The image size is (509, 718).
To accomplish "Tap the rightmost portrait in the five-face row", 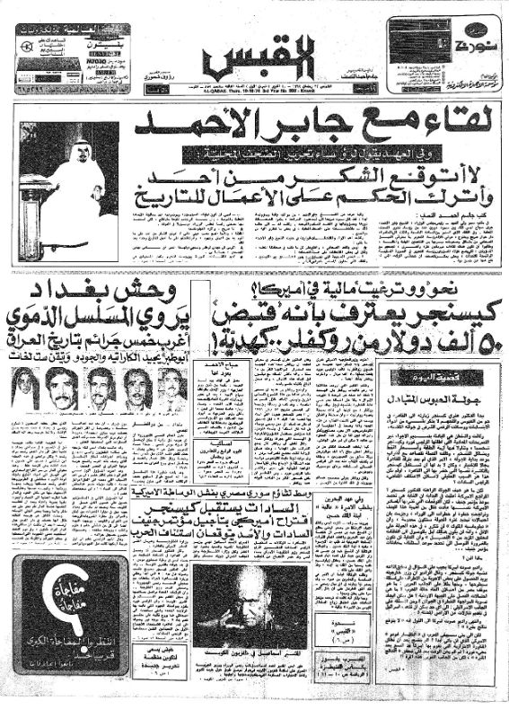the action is (x=171, y=389).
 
